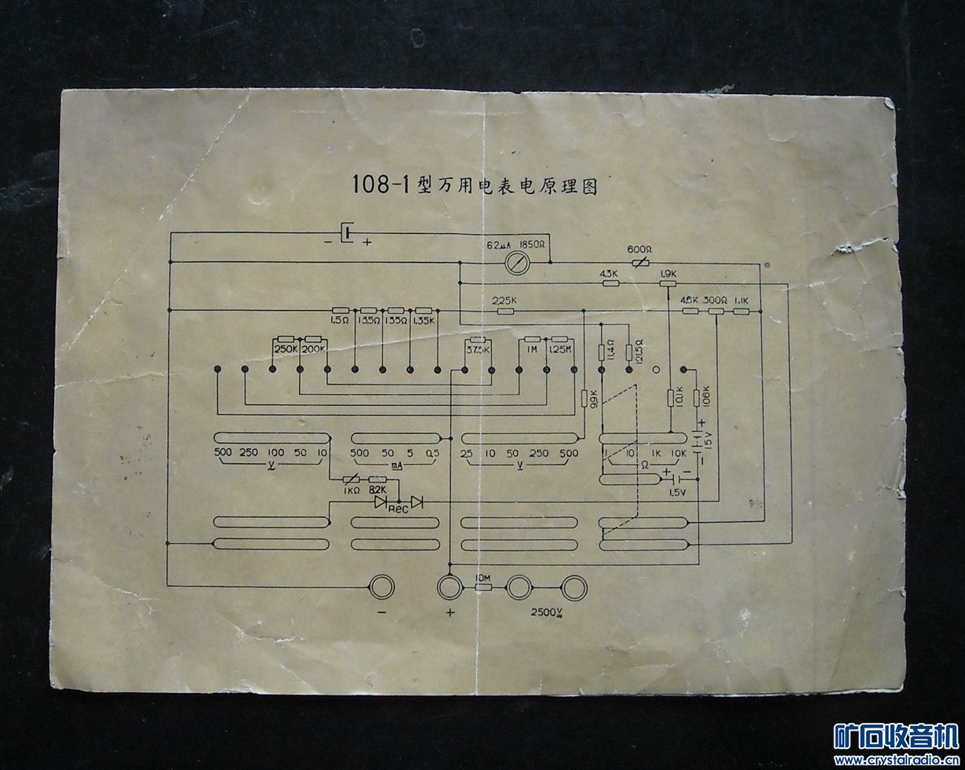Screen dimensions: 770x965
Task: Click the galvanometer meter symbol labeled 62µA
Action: tap(517, 262)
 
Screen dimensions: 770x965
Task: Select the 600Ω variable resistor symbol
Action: tap(639, 261)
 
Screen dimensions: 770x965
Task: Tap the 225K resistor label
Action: tap(504, 300)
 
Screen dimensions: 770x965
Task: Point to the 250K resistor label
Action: tap(285, 349)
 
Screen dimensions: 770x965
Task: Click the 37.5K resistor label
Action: tap(479, 350)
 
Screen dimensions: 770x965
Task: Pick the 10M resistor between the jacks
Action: tap(482, 586)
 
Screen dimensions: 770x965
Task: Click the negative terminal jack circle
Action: tap(382, 586)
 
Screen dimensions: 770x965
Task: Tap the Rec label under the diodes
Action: tap(398, 509)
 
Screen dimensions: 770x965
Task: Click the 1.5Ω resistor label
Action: tap(339, 319)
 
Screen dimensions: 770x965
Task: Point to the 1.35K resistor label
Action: tap(423, 319)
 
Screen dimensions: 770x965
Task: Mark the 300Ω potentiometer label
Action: tap(714, 300)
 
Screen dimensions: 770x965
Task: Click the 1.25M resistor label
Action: tap(559, 349)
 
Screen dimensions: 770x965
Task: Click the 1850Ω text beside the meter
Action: tap(533, 245)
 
